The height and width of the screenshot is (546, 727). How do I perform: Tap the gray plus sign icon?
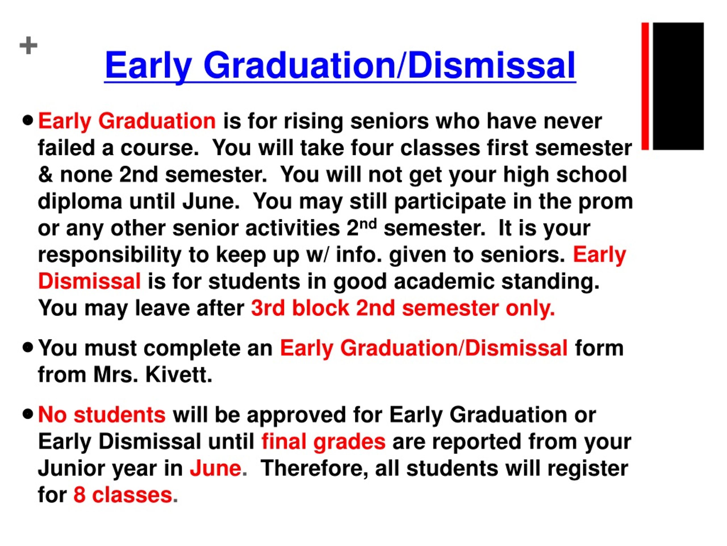coord(29,45)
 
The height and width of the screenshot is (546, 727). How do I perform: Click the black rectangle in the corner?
coord(678,86)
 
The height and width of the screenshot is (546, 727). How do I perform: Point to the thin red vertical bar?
coord(645,86)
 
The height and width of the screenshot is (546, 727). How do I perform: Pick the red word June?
coord(216,468)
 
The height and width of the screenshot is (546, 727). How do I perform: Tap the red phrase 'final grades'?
coord(323,442)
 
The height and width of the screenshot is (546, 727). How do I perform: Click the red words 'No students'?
coord(102,415)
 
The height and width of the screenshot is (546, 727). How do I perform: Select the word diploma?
coord(80,201)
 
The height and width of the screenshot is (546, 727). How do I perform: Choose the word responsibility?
coord(109,255)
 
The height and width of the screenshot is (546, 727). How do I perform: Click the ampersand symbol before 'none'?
coord(45,174)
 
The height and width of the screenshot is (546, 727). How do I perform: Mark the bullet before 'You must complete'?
coord(28,348)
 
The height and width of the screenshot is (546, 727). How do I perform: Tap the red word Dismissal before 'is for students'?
coord(89,282)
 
